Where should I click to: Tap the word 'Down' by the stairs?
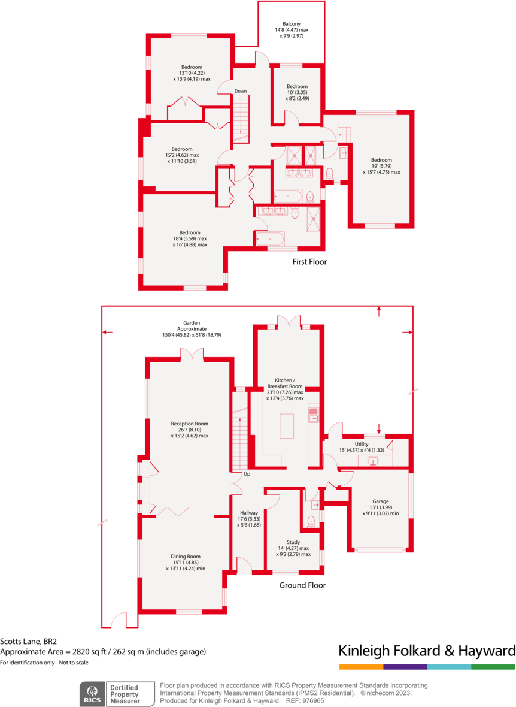[241, 91]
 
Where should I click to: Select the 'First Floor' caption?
[309, 262]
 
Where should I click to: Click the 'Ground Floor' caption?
[303, 585]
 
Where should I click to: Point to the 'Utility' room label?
[362, 444]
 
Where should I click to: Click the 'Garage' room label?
[381, 501]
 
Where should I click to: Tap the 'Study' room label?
[293, 542]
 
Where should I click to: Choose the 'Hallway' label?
[249, 513]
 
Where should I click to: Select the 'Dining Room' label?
[186, 556]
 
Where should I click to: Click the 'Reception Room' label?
[189, 424]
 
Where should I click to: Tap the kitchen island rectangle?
[287, 426]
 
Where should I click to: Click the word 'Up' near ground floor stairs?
[246, 474]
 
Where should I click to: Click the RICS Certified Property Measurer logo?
[112, 694]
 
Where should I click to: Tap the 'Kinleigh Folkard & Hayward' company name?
[427, 651]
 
